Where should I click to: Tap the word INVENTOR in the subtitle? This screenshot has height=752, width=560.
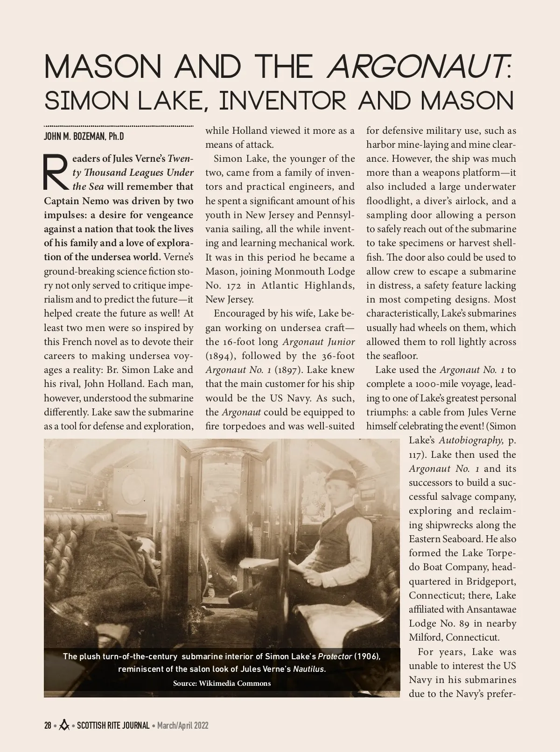[283, 101]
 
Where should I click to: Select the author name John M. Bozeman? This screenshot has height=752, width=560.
[84, 137]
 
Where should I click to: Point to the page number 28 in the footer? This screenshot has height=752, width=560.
[48, 725]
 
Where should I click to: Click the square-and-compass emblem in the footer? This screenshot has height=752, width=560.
[64, 725]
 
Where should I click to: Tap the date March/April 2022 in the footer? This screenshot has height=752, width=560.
[182, 725]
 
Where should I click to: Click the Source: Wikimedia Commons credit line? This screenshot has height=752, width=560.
[222, 683]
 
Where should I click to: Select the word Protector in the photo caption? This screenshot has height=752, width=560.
[335, 656]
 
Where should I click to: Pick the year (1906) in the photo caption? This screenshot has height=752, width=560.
[367, 656]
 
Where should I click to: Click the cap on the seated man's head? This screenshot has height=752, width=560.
[340, 476]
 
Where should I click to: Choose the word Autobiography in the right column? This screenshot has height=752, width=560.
[470, 440]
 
